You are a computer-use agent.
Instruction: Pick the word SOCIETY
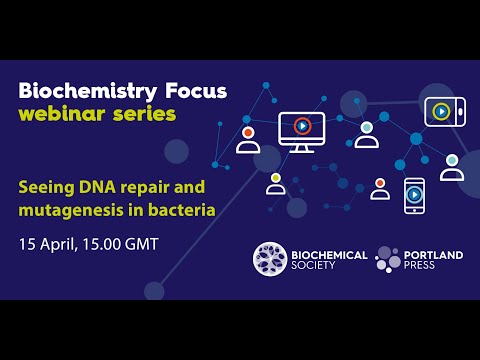pyautogui.click(x=320, y=268)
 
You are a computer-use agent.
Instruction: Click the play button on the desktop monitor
pyautogui.click(x=302, y=127)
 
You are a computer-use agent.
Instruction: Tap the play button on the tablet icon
pyautogui.click(x=440, y=111)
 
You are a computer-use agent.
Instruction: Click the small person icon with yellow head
pyautogui.click(x=276, y=184)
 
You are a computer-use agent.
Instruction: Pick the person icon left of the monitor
pyautogui.click(x=248, y=140)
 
